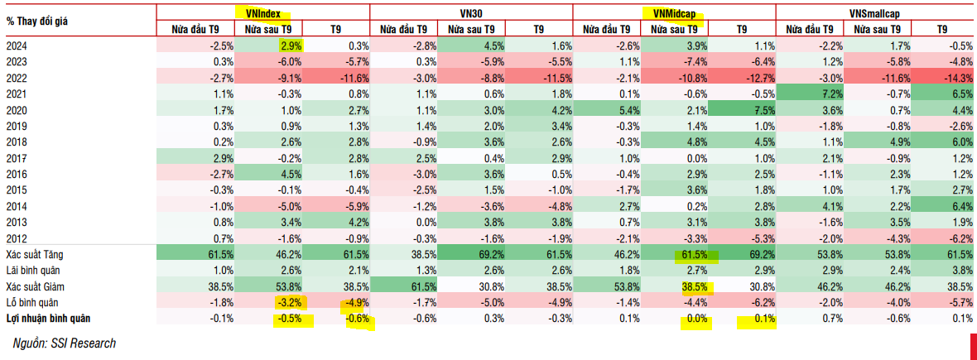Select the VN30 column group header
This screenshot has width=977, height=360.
[x=470, y=12]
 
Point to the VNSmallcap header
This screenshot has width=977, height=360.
[x=878, y=12]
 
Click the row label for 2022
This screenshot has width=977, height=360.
[x=17, y=77]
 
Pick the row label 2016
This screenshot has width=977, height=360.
[x=17, y=174]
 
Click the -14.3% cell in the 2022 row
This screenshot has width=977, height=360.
[x=955, y=77]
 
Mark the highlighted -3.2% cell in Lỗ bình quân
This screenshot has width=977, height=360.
[x=291, y=302]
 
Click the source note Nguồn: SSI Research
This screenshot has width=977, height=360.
[x=64, y=343]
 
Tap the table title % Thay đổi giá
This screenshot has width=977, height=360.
[x=40, y=19]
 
